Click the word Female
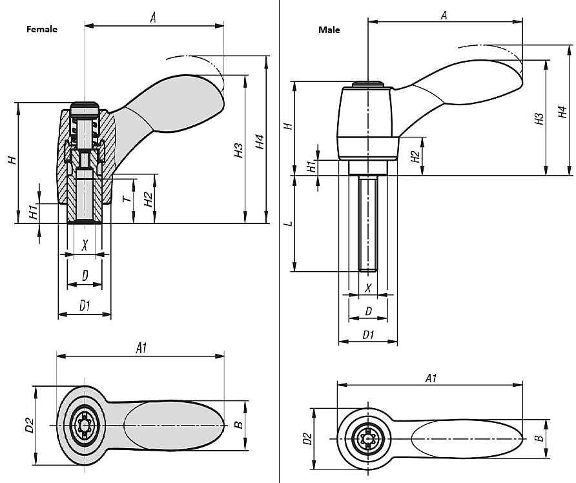(x=41, y=29)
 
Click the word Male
(x=329, y=30)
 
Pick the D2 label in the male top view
(x=307, y=439)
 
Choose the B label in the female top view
(x=238, y=425)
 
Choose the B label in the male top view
(x=538, y=438)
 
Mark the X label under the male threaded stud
(x=368, y=287)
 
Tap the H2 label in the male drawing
(x=416, y=156)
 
